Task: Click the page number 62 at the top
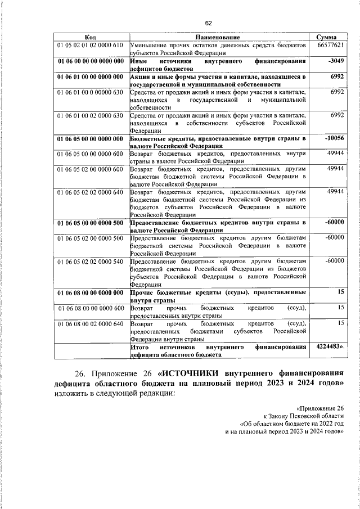[x=208, y=23]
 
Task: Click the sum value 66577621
[x=330, y=44]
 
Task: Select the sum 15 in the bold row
[x=340, y=292]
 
